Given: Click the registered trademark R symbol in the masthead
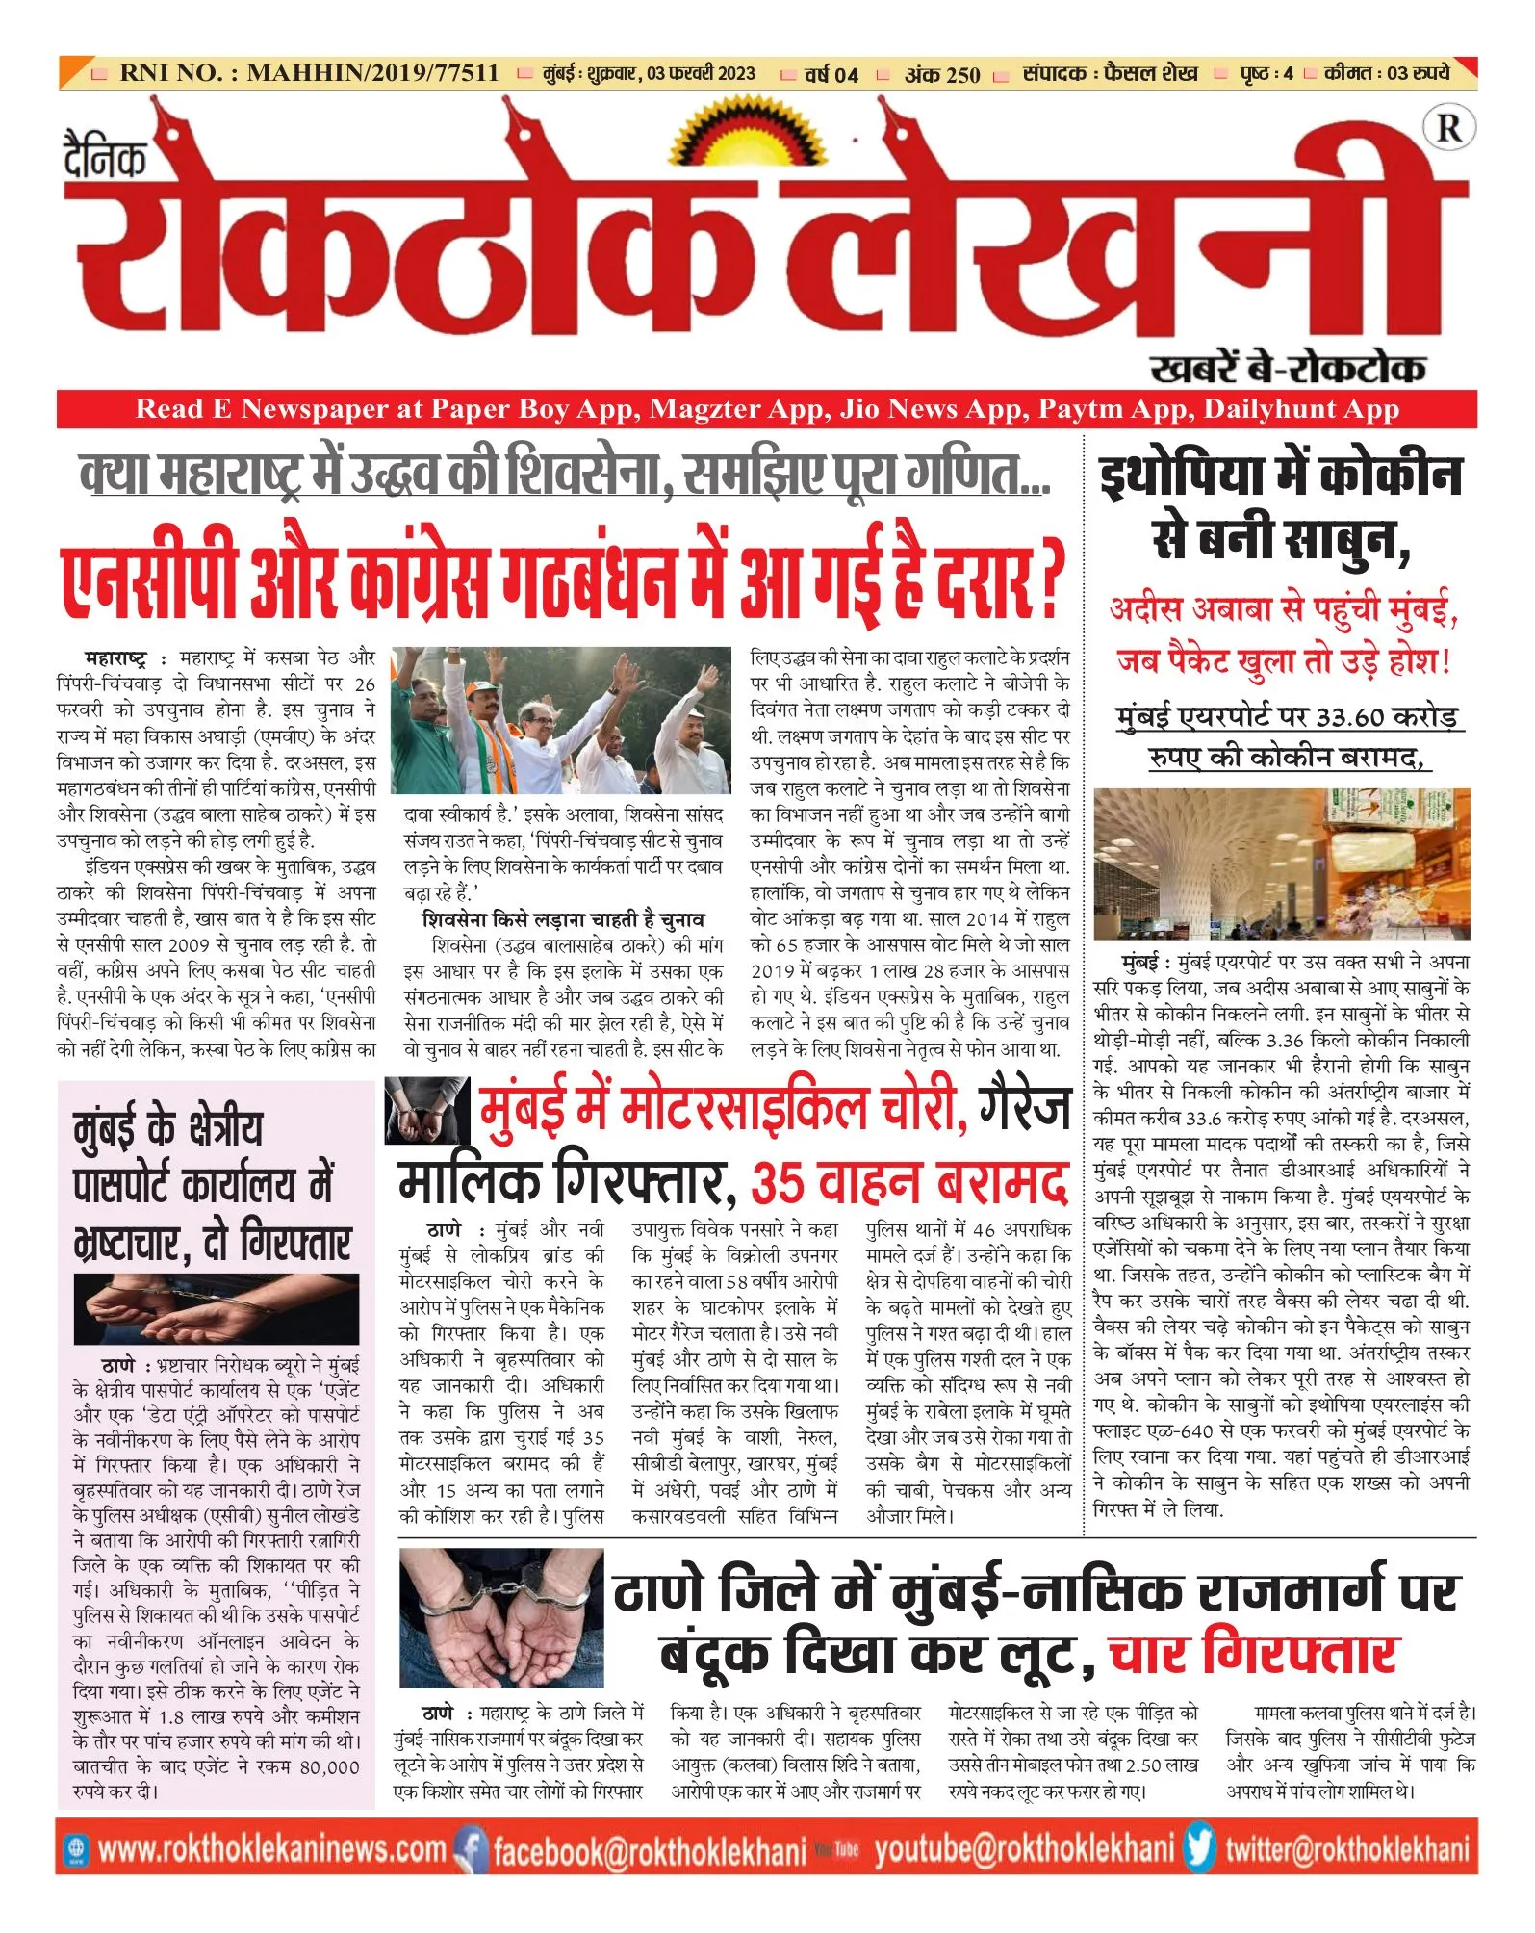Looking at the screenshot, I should click(1447, 128).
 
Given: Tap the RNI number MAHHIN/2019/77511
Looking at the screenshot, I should click(372, 73).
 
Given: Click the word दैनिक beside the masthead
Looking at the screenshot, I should click(106, 154).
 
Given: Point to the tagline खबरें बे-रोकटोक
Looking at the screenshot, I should click(1287, 368).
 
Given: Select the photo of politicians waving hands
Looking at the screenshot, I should click(561, 720).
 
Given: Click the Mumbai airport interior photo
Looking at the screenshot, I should click(1281, 863).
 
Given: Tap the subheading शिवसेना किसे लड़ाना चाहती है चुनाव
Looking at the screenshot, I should click(563, 919).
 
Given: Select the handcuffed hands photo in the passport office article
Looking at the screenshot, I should click(217, 1309).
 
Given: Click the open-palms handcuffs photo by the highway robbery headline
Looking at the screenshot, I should click(500, 1617).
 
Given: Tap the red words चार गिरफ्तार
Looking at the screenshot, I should click(1252, 1653).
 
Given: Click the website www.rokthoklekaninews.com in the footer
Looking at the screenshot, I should click(271, 1849).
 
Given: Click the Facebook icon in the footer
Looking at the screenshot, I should click(471, 1849).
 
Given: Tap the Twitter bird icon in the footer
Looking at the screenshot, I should click(1200, 1847).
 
